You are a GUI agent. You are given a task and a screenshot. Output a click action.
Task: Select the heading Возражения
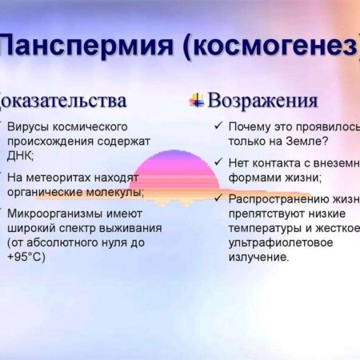click(262, 101)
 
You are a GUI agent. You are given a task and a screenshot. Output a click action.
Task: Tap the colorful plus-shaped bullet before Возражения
click(195, 100)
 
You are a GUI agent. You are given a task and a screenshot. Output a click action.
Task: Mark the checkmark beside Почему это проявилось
click(218, 126)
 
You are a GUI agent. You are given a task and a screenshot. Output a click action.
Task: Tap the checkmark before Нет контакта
click(218, 163)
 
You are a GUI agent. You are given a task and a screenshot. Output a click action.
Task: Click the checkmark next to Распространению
click(218, 198)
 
